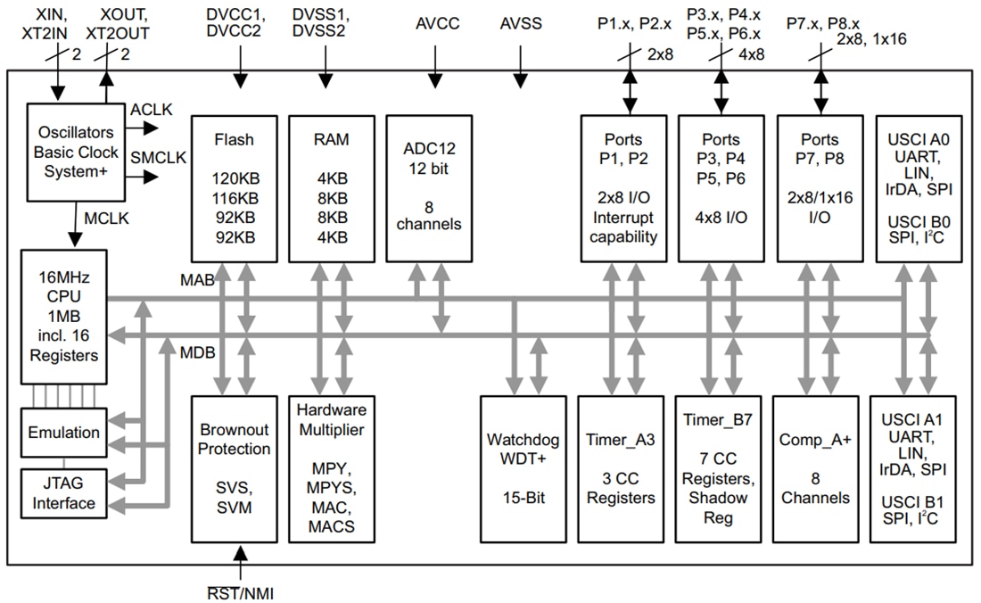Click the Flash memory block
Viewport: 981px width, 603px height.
[x=234, y=188]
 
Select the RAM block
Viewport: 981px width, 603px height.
[x=331, y=188]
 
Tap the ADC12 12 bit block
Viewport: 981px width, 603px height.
[x=430, y=188]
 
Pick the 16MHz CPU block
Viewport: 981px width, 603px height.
[x=62, y=316]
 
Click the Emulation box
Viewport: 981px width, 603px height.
[x=63, y=433]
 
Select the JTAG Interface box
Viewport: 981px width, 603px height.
[x=63, y=493]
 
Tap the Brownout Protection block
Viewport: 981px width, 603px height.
[x=234, y=468]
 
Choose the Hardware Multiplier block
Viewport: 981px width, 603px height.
[x=331, y=468]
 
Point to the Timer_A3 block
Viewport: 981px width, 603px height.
[x=620, y=468]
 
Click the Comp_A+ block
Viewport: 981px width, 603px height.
[x=815, y=468]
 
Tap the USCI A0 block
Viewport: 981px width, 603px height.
[x=919, y=188]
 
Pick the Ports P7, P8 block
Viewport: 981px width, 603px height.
[x=819, y=188]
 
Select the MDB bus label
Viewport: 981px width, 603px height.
[x=197, y=352]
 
